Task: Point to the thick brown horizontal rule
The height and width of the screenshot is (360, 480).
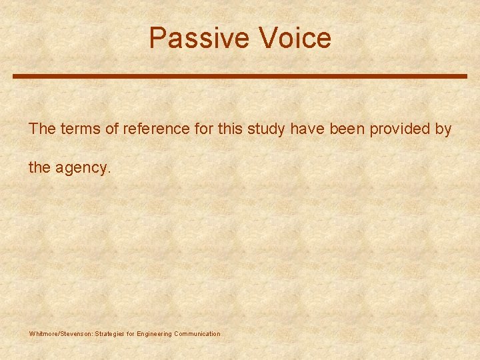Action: pos(240,77)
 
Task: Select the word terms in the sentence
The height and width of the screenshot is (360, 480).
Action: pos(78,129)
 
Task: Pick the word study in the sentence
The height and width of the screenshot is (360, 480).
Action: pos(267,129)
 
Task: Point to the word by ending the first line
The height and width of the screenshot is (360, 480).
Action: pos(443,129)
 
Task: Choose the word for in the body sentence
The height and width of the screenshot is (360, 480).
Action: pos(203,129)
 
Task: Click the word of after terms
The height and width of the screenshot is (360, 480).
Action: pos(109,129)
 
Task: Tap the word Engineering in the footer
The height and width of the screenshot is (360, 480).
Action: pos(154,333)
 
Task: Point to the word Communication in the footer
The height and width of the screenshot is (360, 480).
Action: pos(197,333)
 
